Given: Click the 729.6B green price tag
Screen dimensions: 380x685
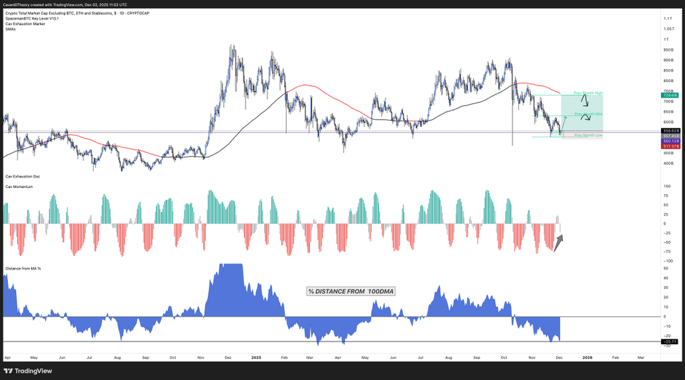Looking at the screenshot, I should pos(669,95).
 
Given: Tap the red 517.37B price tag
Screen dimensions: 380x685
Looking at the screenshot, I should pos(669,146).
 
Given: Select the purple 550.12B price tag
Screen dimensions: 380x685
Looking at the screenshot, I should pos(669,141).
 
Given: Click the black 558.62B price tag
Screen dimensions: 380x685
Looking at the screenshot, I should pos(669,131).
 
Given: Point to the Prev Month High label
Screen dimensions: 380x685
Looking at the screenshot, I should pos(587,92).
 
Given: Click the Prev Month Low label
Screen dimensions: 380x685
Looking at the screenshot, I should pos(587,135).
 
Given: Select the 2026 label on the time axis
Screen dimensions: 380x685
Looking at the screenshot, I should pos(587,357).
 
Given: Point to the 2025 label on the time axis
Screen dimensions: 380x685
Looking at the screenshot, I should pos(256,357).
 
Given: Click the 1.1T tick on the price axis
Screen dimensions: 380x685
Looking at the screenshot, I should pos(667,19).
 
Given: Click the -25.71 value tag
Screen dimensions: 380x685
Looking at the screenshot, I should pos(669,341).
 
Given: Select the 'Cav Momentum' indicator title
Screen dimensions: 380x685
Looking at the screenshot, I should pos(19,187).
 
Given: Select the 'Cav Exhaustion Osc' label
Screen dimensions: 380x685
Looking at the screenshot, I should pos(22,177).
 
